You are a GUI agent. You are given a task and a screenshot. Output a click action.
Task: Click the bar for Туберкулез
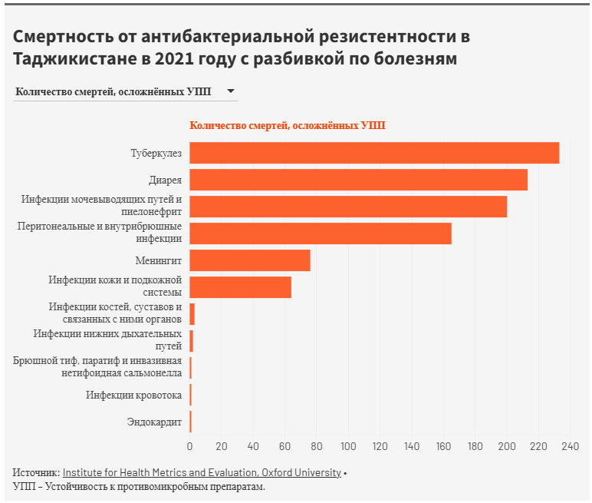click(374, 153)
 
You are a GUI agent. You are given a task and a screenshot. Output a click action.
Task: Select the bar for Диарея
click(358, 180)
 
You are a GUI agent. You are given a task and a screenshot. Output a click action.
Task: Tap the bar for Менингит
click(250, 260)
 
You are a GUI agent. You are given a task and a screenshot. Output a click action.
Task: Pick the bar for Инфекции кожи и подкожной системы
click(240, 287)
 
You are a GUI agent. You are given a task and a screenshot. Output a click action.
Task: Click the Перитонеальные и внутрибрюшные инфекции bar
click(321, 233)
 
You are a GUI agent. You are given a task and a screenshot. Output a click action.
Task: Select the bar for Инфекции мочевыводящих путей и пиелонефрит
click(348, 207)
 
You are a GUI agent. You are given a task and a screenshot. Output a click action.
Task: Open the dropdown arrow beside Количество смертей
click(230, 91)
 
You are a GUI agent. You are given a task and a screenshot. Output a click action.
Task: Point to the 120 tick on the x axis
click(380, 446)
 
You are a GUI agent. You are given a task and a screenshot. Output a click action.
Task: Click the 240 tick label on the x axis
click(570, 446)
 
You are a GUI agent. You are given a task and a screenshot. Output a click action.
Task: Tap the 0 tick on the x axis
click(190, 446)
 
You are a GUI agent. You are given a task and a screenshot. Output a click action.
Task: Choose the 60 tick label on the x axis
click(285, 446)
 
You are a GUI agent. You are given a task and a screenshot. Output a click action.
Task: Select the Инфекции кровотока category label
click(134, 395)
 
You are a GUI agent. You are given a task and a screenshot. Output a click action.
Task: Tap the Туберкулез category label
click(156, 154)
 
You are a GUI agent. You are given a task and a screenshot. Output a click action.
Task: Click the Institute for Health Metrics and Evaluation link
click(202, 473)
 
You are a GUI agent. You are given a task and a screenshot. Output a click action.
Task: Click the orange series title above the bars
click(288, 126)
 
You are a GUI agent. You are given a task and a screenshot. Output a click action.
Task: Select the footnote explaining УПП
click(139, 487)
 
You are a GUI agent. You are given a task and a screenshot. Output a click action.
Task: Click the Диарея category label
click(166, 180)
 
